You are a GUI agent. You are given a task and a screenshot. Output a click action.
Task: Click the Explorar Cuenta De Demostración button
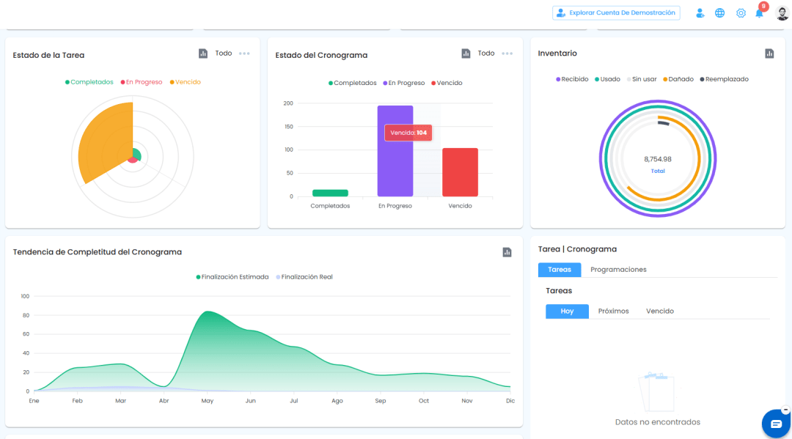(616, 12)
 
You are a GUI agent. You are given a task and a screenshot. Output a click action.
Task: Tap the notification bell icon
(759, 14)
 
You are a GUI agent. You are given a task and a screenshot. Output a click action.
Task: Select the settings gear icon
(741, 13)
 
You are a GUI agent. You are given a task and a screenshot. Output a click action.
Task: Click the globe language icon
(720, 13)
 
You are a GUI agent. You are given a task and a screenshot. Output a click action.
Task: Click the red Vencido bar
(460, 172)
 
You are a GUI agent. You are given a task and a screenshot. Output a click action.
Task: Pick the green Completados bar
(330, 193)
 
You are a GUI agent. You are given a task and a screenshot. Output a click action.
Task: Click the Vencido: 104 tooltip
(408, 133)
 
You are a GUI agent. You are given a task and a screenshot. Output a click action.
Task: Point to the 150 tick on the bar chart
(288, 127)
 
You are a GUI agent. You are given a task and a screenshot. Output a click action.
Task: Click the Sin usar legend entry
(642, 79)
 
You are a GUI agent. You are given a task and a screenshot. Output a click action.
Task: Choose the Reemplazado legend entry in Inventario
(725, 79)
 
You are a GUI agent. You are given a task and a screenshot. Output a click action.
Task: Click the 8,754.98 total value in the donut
(658, 159)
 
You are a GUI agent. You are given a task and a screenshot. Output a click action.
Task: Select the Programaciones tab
(618, 270)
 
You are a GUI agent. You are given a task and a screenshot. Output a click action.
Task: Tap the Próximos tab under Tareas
(613, 311)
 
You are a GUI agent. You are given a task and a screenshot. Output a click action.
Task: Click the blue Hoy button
(567, 311)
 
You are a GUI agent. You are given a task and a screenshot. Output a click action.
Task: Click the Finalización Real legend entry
(304, 277)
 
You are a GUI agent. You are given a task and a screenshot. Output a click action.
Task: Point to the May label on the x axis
(207, 401)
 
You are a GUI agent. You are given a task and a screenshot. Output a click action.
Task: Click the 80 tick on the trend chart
(26, 315)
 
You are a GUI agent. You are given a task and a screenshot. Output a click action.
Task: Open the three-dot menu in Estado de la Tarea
(244, 54)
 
